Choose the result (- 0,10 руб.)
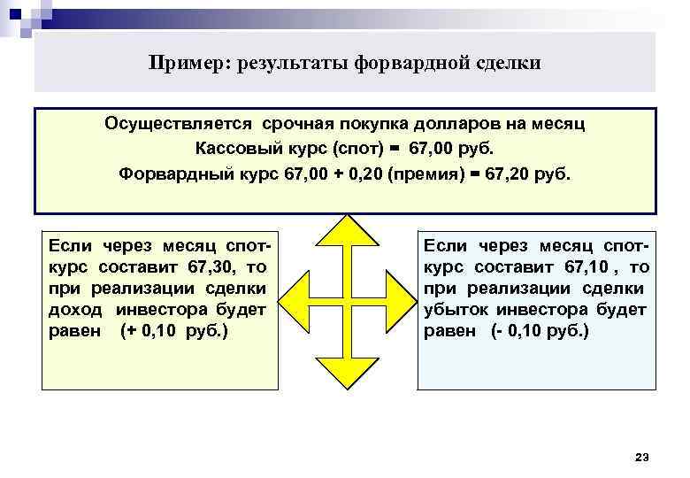click(x=539, y=332)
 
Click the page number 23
click(x=642, y=456)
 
